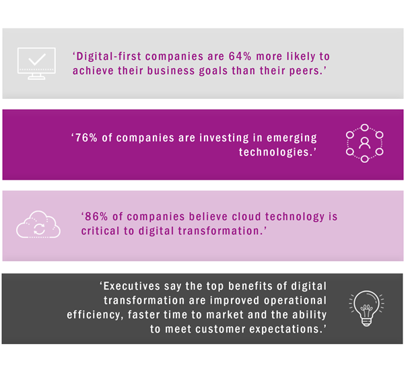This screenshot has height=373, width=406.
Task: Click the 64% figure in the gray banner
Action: pyautogui.click(x=240, y=56)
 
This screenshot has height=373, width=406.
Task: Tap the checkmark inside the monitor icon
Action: pyautogui.click(x=37, y=59)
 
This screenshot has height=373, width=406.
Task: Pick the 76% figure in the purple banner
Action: pyautogui.click(x=86, y=138)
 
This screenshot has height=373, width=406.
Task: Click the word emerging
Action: pyautogui.click(x=292, y=138)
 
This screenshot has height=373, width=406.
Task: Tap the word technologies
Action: pyautogui.click(x=274, y=152)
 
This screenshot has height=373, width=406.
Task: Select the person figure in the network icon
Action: pyautogui.click(x=364, y=143)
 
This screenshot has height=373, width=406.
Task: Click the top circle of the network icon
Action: pyautogui.click(x=364, y=127)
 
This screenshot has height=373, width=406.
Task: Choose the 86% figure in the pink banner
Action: pyautogui.click(x=96, y=217)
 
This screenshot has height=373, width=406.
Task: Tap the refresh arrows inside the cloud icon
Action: pyautogui.click(x=39, y=230)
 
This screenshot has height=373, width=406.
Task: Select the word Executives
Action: pyautogui.click(x=132, y=286)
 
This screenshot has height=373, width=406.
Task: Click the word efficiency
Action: pyautogui.click(x=94, y=315)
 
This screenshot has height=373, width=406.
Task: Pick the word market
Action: pyautogui.click(x=225, y=315)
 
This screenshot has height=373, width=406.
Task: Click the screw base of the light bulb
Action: pyautogui.click(x=366, y=323)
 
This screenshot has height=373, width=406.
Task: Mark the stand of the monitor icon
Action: pyautogui.click(x=36, y=76)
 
